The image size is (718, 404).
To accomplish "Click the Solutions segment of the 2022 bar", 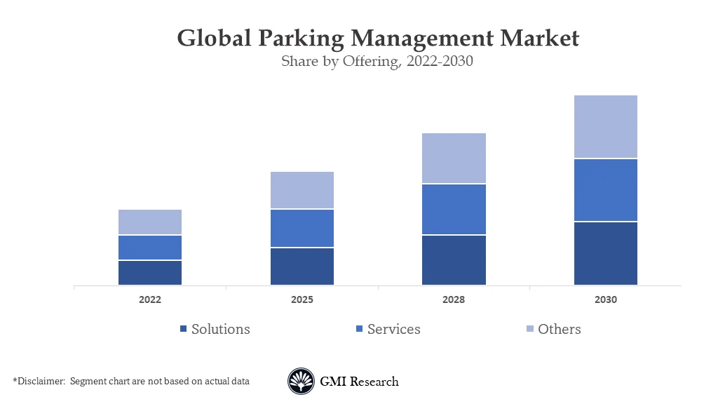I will click(x=149, y=273).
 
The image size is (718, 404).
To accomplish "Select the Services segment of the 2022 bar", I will click(x=149, y=248).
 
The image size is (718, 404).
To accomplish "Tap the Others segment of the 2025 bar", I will click(x=302, y=190).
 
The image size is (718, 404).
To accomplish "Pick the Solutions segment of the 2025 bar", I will click(x=302, y=267).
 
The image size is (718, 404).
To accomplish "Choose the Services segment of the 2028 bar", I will click(x=454, y=209).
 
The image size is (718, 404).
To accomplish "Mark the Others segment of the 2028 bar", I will click(x=454, y=159).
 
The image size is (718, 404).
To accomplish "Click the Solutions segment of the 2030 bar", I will click(x=605, y=253).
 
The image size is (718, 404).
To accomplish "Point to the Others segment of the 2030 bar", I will click(x=605, y=126).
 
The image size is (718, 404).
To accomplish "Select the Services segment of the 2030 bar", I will click(x=605, y=190).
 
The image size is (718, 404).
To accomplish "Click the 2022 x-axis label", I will click(x=149, y=299).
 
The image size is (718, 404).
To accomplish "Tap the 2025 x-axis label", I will click(x=302, y=299).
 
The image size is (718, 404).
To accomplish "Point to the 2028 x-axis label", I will click(x=454, y=299).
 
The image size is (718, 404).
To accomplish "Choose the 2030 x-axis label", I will click(x=605, y=299).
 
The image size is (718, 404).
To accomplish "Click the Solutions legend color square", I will click(x=184, y=330).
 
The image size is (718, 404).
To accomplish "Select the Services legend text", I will click(x=393, y=329).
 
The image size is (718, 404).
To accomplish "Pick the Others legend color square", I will click(x=530, y=330).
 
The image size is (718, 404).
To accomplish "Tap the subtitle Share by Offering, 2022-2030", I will click(x=377, y=61).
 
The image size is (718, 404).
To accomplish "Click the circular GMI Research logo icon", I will click(x=301, y=382).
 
